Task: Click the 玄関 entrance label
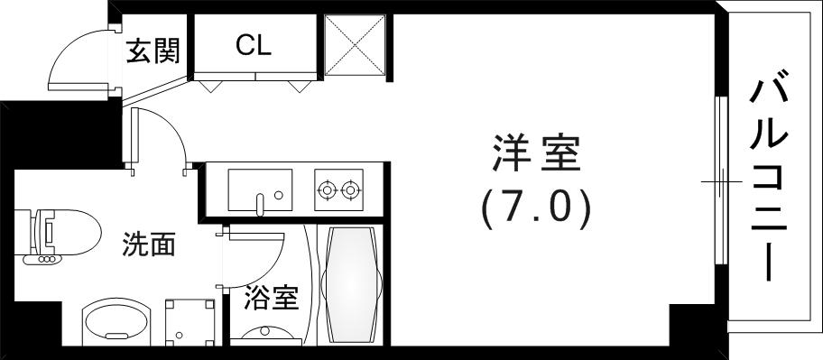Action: click(153, 51)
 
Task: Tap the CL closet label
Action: click(254, 45)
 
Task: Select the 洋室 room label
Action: click(535, 154)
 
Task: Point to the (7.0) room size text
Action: click(535, 208)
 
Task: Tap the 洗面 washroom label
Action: click(149, 245)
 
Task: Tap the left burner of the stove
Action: click(326, 190)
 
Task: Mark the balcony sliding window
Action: click(720, 180)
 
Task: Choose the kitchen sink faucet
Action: click(261, 203)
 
